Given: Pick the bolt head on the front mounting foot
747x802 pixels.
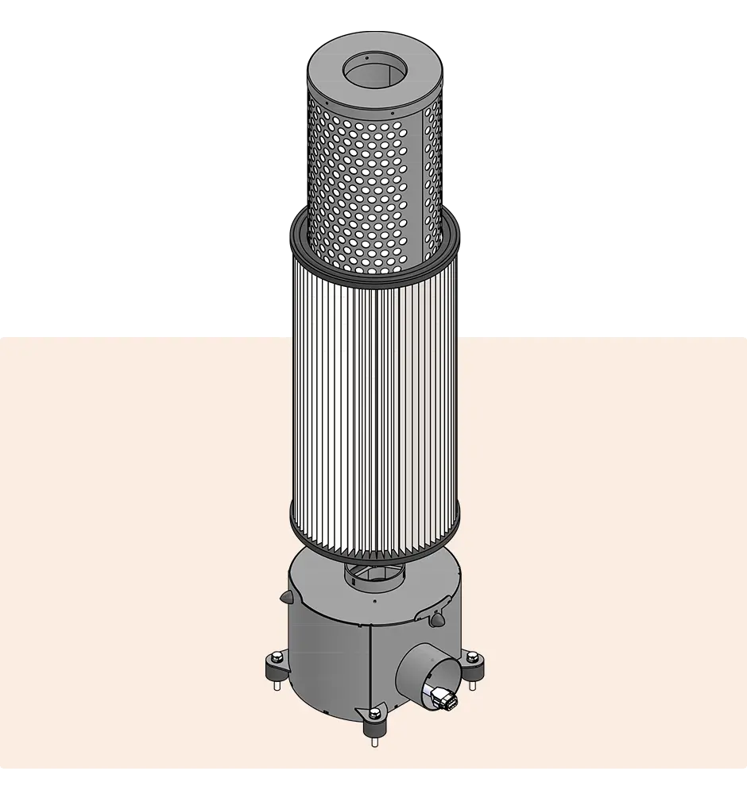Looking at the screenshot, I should point(373,715).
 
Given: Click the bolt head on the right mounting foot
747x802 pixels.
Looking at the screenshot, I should point(473,657).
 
